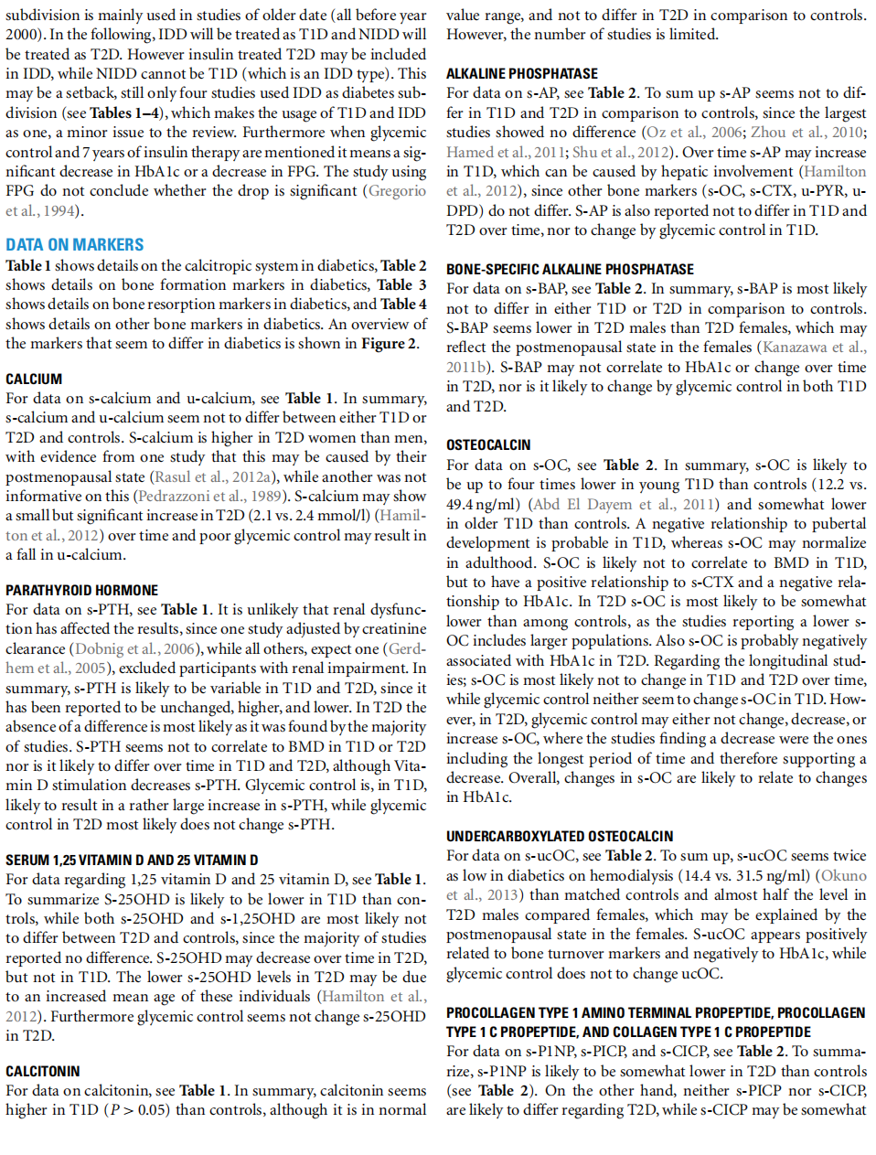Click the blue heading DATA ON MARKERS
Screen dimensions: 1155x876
[x=75, y=245]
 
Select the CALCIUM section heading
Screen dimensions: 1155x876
[x=34, y=379]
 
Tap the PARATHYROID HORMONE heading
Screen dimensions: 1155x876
[x=81, y=590]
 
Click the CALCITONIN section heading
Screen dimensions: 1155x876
[x=43, y=1071]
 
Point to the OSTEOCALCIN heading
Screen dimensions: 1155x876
[x=488, y=444]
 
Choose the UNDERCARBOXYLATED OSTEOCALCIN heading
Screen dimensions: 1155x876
[x=560, y=836]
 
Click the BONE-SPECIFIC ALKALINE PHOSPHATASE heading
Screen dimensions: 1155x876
[x=570, y=269]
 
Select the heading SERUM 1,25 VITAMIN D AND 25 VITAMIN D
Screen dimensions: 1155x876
[x=132, y=860]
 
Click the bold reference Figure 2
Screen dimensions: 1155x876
[x=389, y=343]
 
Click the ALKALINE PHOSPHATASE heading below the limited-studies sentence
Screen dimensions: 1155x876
[x=522, y=73]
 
